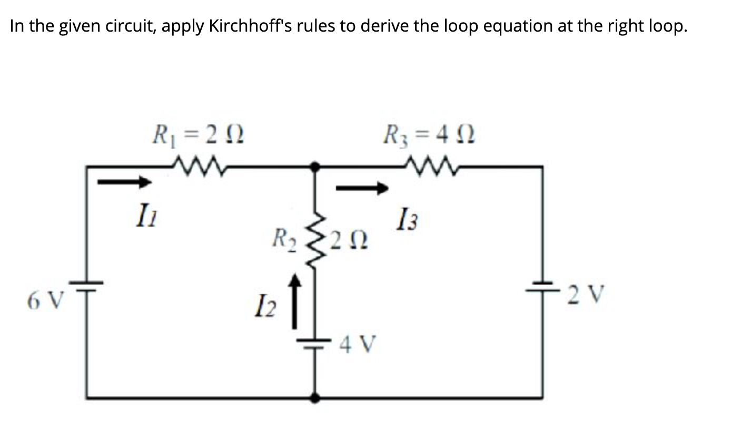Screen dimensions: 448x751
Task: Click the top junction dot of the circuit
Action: [315, 167]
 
